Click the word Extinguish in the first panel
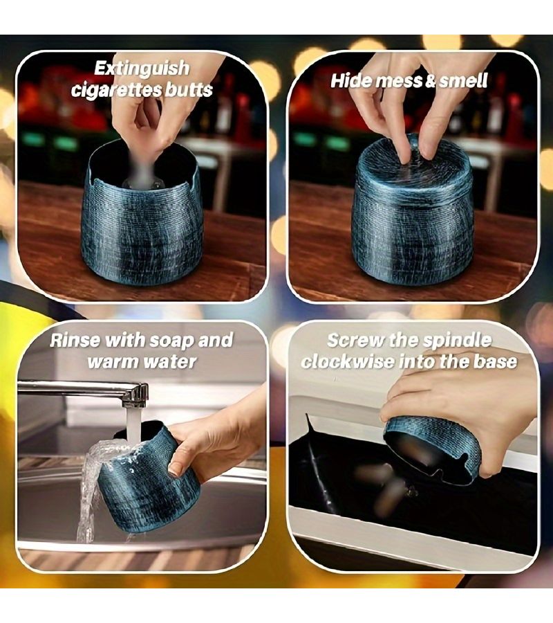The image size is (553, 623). pos(142,69)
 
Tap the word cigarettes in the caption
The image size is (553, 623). pos(117,90)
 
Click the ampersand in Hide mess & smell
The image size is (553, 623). pos(431,81)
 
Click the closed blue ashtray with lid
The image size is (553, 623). pos(413,208)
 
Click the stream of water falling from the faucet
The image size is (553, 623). pos(131,425)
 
